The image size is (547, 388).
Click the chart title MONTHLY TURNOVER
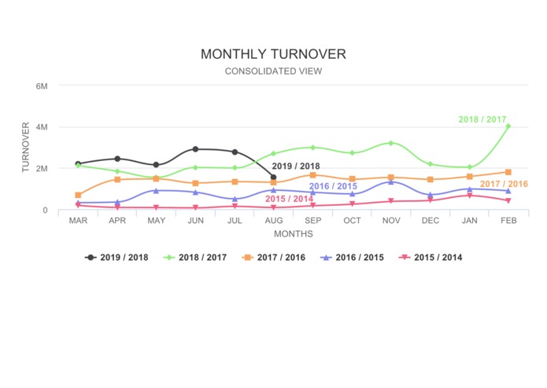[273, 54]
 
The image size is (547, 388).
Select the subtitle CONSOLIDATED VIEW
[273, 71]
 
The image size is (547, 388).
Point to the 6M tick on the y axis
[42, 85]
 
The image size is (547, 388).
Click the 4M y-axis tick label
[42, 126]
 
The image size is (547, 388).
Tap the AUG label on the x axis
[273, 221]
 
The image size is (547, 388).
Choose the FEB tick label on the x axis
[508, 221]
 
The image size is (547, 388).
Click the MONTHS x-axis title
[293, 233]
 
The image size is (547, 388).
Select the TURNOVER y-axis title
[26, 148]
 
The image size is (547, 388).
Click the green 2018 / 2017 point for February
[508, 126]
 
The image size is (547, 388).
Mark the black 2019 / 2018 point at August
[273, 178]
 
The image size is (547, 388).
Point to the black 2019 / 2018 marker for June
[195, 149]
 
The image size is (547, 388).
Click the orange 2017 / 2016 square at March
[78, 195]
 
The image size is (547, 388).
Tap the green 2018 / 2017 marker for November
[390, 143]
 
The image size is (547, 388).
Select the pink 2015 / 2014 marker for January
[469, 196]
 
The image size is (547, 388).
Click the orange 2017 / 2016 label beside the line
[504, 184]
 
